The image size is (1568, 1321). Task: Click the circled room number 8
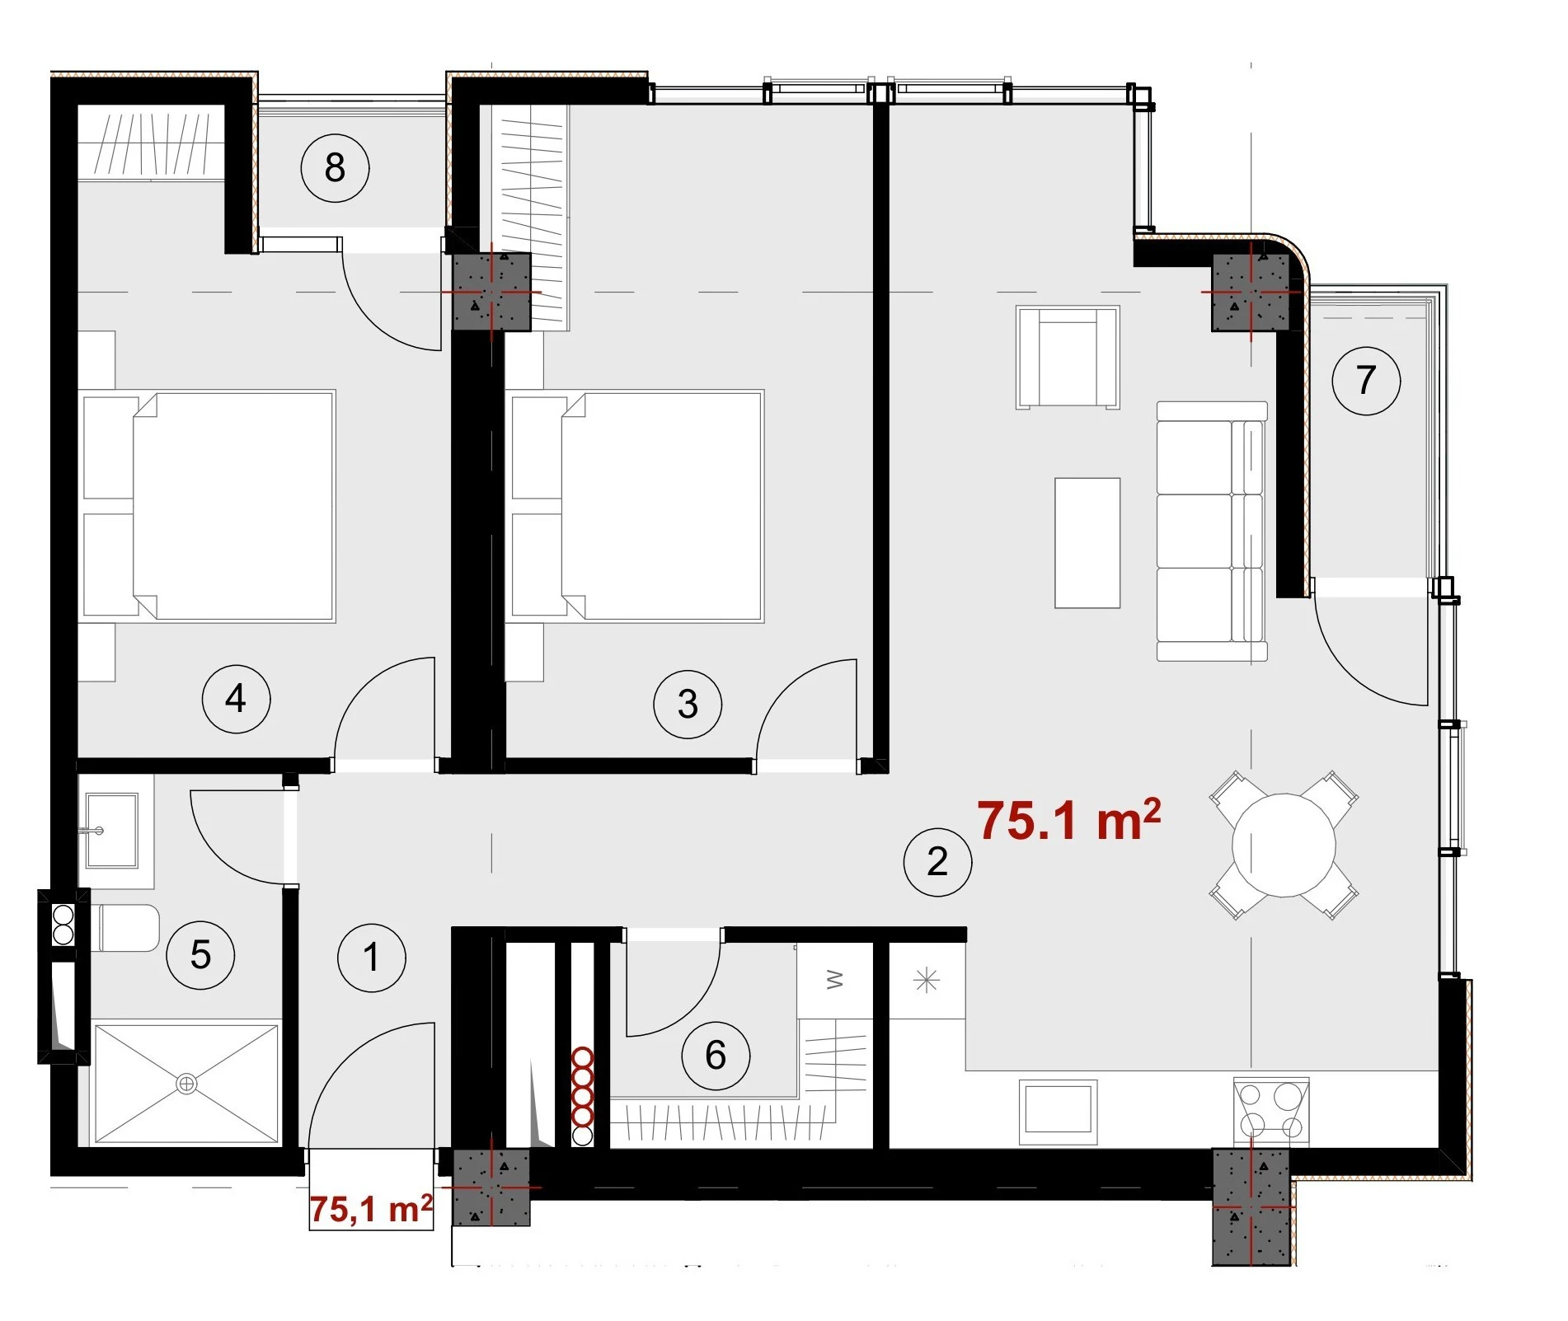(335, 168)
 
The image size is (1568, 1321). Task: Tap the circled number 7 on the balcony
(1366, 380)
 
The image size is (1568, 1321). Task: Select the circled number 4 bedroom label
(236, 699)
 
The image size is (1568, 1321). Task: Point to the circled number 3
(688, 704)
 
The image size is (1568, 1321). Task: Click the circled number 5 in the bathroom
(200, 955)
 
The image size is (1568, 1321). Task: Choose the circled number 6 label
(716, 1055)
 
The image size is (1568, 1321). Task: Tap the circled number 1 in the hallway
(372, 958)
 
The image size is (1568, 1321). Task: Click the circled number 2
(937, 862)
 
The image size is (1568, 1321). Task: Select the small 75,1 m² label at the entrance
(371, 1209)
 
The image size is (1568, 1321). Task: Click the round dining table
(1284, 845)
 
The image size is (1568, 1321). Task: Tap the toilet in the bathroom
(129, 928)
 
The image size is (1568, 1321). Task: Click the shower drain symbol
(187, 1084)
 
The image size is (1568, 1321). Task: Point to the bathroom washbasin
(111, 831)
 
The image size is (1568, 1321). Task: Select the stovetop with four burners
(1271, 1110)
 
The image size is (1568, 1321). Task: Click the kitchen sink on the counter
(1059, 1112)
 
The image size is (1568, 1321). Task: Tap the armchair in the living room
(1068, 358)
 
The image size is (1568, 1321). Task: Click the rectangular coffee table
(1087, 543)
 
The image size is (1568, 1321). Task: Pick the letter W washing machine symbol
(834, 980)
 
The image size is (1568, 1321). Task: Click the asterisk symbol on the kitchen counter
(927, 981)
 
